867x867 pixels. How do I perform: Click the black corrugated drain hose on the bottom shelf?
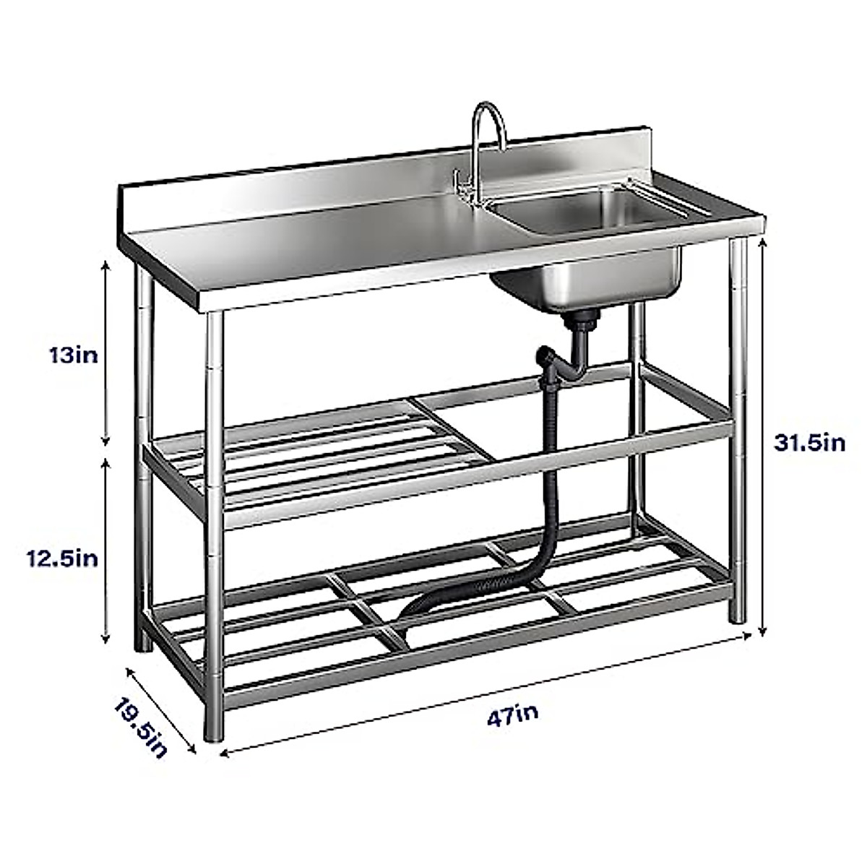tap(462, 592)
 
